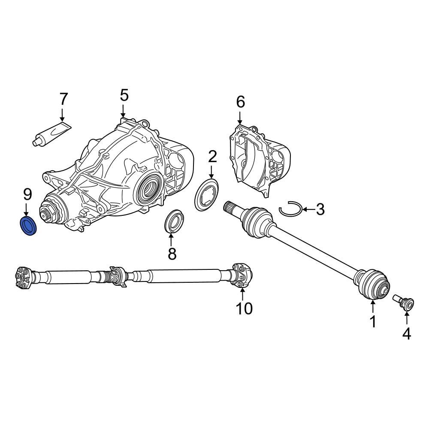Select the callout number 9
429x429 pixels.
click(27, 195)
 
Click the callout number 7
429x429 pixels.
click(63, 99)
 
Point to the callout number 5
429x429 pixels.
click(124, 95)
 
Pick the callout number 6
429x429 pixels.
click(240, 102)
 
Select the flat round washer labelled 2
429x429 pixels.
click(206, 196)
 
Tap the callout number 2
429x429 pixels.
click(212, 157)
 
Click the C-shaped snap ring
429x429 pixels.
click(290, 210)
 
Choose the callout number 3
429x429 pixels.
click(320, 210)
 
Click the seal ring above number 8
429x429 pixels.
click(175, 222)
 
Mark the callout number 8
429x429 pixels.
click(172, 254)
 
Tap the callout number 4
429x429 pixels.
click(406, 333)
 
